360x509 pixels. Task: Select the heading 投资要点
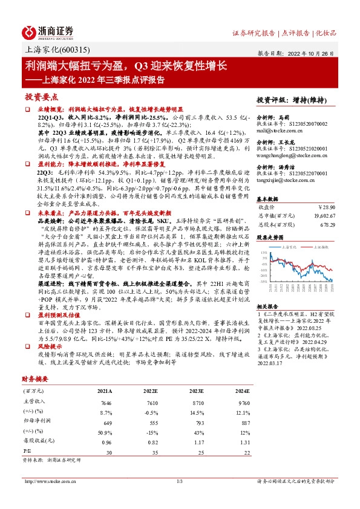[x=41, y=97]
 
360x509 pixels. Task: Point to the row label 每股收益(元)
[x=38, y=443]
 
